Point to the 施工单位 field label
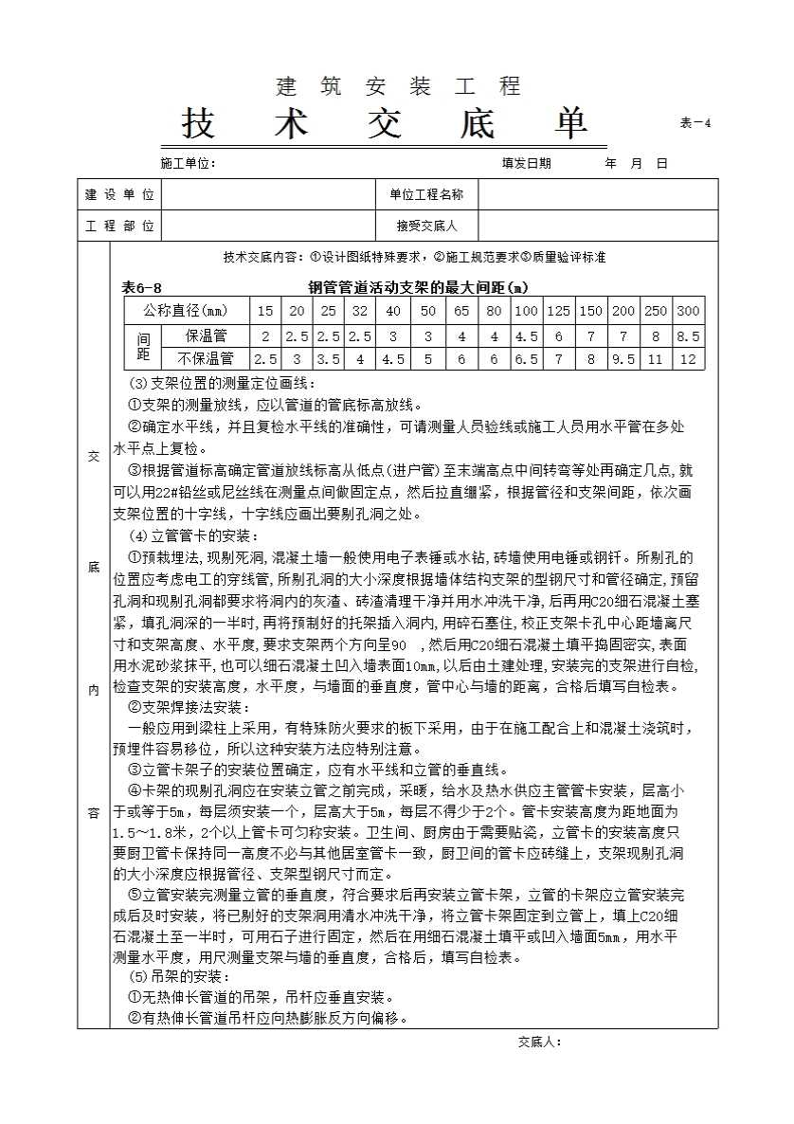189,163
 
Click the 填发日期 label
526,163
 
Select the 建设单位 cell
119,194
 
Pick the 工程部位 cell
119,227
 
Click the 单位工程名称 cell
426,194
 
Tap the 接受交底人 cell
426,227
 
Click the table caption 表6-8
142,286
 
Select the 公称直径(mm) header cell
186,311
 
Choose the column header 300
688,311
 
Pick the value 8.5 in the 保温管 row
688,335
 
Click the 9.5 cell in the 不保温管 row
623,359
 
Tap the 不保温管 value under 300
688,359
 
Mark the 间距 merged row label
143,347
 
